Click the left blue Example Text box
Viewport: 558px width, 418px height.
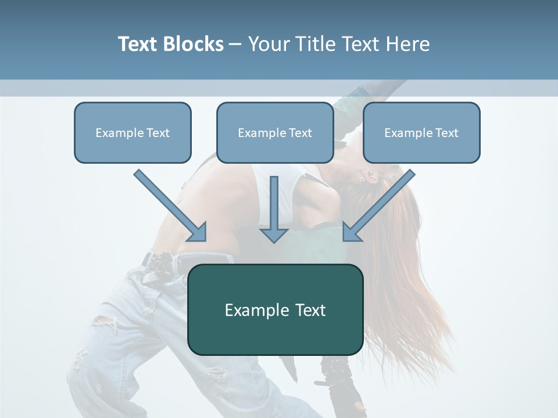[x=133, y=133]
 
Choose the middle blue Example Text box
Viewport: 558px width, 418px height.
[x=275, y=133]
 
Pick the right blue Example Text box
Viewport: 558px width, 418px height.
[x=421, y=133]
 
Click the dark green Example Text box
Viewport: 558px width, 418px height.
[x=276, y=310]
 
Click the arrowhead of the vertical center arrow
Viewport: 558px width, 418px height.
[x=274, y=235]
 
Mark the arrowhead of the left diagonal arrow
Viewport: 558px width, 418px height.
[x=198, y=232]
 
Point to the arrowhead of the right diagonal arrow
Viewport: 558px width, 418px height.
[x=352, y=232]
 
